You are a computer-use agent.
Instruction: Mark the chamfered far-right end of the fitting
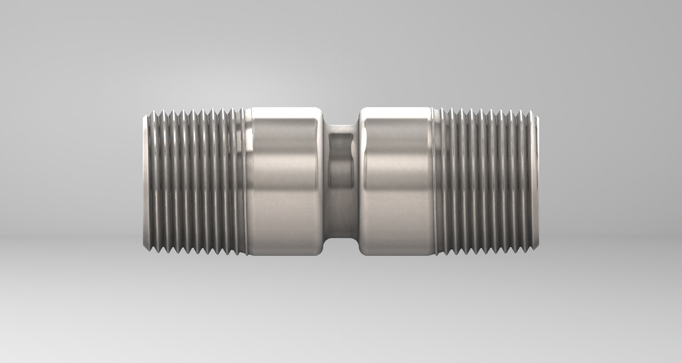[x=538, y=181]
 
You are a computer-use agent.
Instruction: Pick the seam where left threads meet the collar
[x=247, y=181]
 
